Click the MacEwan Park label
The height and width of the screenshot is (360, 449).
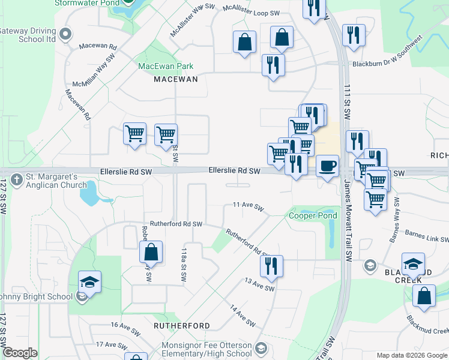click(166, 66)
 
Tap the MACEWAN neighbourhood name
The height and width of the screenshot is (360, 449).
click(175, 79)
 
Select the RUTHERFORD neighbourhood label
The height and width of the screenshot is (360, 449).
click(182, 326)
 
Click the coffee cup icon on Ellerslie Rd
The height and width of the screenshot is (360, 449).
click(327, 166)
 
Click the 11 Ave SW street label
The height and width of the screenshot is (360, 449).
click(249, 206)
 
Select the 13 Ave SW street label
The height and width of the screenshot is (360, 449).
click(259, 284)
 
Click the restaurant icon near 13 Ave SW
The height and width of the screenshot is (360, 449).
click(272, 266)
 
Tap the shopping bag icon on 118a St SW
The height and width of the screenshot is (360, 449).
click(151, 253)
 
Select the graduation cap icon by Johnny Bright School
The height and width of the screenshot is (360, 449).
click(89, 281)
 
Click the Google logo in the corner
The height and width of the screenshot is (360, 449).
click(20, 353)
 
